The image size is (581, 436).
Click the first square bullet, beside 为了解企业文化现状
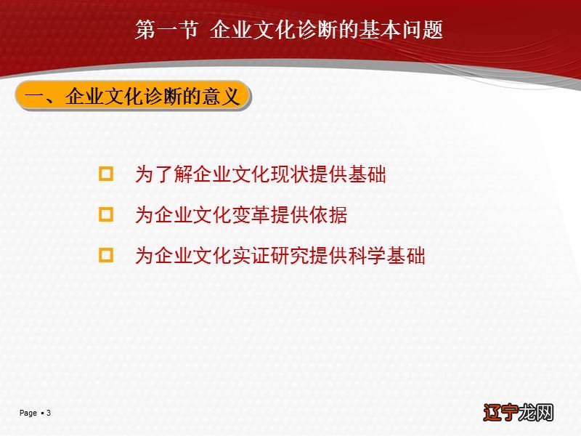[107, 174]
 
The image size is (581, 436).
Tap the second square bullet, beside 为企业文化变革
[107, 214]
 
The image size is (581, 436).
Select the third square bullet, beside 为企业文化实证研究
[107, 255]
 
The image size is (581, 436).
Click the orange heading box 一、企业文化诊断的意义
[133, 96]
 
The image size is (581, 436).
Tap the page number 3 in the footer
[49, 413]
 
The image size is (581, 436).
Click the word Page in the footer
[28, 413]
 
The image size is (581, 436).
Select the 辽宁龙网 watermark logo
[517, 411]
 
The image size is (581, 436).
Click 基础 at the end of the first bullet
[367, 175]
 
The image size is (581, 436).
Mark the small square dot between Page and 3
[42, 413]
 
